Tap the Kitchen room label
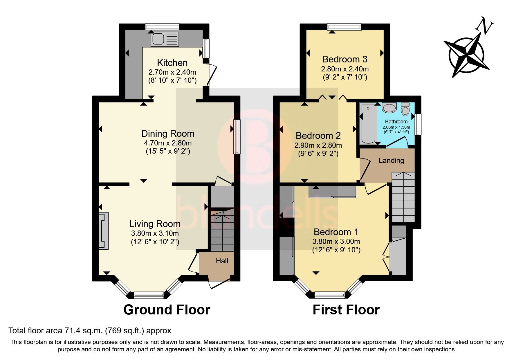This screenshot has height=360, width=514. coord(172,63)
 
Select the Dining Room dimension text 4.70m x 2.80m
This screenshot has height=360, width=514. coord(168,143)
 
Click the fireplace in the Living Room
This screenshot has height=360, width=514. coord(104,231)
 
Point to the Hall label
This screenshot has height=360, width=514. coord(222,261)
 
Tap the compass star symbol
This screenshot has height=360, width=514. coord(466,54)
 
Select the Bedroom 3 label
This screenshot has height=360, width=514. coord(345,59)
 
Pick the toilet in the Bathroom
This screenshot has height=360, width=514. coord(405,109)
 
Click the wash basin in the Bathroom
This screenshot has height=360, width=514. coord(389,108)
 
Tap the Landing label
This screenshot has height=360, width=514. coord(391,161)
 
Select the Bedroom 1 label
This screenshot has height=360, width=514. coord(336,232)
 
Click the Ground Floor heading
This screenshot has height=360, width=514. coord(167,310)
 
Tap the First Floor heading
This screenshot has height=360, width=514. coord(346,310)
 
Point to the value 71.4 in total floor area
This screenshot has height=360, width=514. coord(71,330)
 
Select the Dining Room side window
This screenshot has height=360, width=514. coord(237,137)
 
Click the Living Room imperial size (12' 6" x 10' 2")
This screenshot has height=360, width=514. coord(155,242)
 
